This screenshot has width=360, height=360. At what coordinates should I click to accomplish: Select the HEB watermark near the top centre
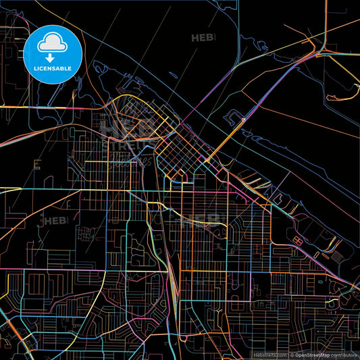204,38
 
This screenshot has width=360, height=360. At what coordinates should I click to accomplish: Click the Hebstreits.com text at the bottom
269,355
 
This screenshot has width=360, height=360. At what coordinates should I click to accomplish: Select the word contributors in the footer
344,355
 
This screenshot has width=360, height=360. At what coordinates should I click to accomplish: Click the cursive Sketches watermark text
135,159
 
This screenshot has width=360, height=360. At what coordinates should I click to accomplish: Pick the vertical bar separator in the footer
288,355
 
